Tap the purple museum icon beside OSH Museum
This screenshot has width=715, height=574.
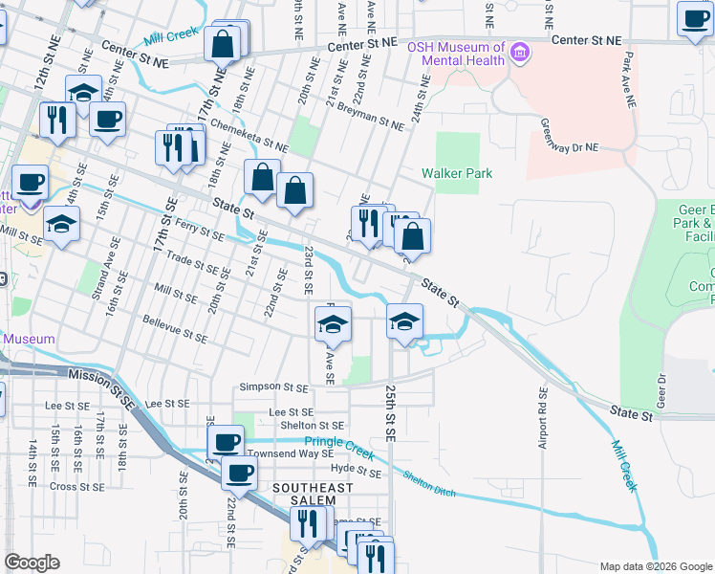click(x=519, y=50)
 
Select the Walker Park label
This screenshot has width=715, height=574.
click(x=457, y=173)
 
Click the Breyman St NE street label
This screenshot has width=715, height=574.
click(x=371, y=117)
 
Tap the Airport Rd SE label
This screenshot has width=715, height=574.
click(x=543, y=419)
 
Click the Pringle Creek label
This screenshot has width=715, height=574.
click(x=336, y=443)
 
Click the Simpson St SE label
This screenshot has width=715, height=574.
click(x=274, y=387)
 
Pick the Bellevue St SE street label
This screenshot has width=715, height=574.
click(x=174, y=337)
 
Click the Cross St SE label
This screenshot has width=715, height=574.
click(x=76, y=486)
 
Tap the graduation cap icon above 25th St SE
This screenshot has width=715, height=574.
click(x=405, y=321)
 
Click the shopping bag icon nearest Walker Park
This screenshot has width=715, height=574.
click(x=413, y=235)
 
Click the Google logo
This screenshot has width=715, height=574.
click(x=32, y=563)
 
